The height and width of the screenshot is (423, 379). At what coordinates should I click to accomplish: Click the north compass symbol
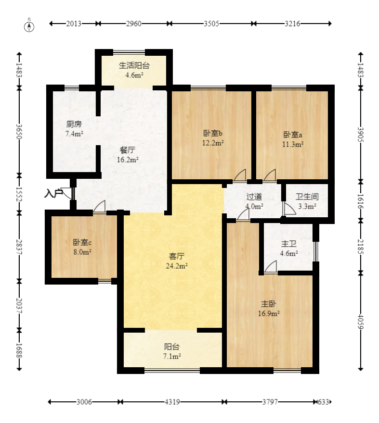(x=29, y=26)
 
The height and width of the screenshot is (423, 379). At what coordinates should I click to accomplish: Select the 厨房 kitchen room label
(x=74, y=124)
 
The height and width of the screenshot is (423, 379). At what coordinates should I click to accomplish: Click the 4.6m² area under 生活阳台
(x=134, y=75)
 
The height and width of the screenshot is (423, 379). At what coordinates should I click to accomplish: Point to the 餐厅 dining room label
(x=128, y=150)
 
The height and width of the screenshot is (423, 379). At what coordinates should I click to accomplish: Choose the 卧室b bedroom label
(x=213, y=133)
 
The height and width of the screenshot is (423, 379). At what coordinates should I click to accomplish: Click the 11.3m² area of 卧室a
(x=293, y=144)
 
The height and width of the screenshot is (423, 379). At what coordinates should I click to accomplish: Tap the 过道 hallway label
(x=254, y=197)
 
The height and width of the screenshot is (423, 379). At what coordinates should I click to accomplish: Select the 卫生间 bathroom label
(x=307, y=197)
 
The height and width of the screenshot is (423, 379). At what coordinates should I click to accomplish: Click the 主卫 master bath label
(x=289, y=244)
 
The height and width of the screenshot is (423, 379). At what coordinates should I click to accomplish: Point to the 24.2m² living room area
(x=177, y=266)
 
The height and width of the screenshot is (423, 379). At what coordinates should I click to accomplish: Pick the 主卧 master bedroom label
(x=269, y=304)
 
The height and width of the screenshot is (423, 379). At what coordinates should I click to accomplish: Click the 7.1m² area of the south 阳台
(x=172, y=356)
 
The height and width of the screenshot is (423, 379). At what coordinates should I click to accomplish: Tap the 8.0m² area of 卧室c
(x=82, y=252)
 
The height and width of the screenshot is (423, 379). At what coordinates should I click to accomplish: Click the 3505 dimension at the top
(x=211, y=24)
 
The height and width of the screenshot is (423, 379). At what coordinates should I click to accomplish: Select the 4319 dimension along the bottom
(x=172, y=402)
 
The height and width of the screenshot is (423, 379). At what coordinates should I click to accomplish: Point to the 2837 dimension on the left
(x=19, y=247)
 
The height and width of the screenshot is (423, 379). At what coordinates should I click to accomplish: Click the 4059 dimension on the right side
(x=360, y=322)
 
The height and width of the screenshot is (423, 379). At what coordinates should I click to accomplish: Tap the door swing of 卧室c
(x=100, y=207)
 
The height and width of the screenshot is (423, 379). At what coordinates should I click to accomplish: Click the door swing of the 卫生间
(x=289, y=209)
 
